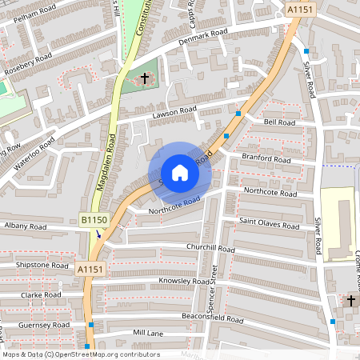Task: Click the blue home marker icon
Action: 180,173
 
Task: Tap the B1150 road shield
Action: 94,219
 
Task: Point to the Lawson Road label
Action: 174,113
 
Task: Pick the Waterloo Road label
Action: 34,154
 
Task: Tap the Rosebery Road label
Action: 28,62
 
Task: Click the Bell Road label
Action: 279,122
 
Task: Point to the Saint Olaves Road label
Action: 270,225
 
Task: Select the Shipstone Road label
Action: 42,264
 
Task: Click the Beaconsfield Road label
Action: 211,318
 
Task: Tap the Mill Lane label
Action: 148,332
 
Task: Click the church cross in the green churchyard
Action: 145,78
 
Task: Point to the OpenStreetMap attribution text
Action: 81,354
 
